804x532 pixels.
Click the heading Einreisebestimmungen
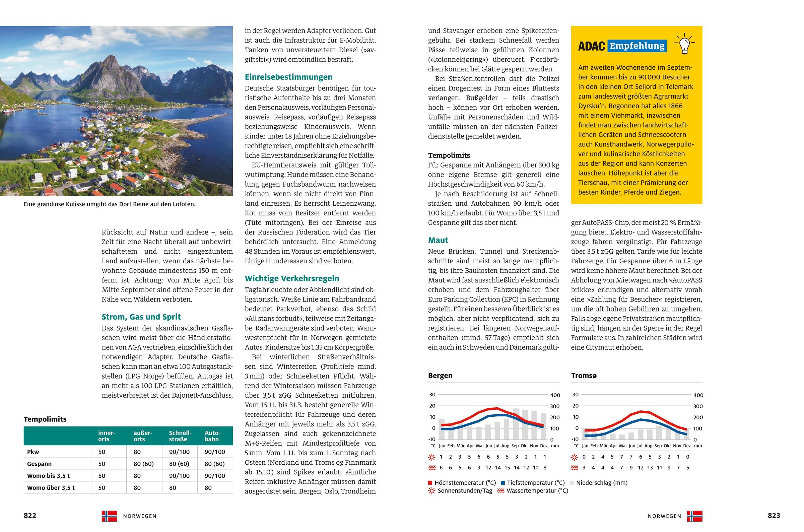click(288, 77)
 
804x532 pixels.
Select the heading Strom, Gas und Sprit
click(141, 317)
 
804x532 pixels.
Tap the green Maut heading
click(438, 240)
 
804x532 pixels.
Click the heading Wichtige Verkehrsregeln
click(292, 278)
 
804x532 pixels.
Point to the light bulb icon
click(684, 45)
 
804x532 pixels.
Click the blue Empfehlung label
click(637, 46)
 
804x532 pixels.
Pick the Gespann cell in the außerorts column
click(143, 464)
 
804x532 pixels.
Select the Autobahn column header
click(213, 436)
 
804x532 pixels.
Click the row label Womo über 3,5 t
click(51, 488)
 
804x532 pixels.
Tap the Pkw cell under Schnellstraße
click(179, 452)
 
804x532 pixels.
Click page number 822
click(30, 516)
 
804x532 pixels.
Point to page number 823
click(774, 516)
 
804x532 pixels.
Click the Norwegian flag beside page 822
click(109, 516)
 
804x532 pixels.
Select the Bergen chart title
click(440, 376)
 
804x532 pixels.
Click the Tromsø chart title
click(583, 376)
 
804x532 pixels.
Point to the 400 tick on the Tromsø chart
click(698, 395)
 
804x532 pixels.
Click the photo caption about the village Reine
click(110, 204)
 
